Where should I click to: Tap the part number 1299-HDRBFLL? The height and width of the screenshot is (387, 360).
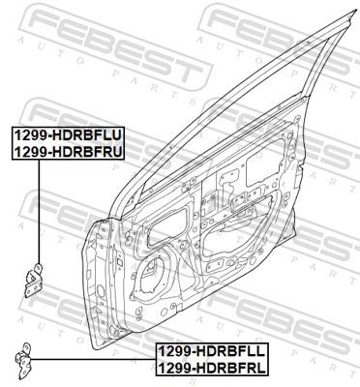click(x=215, y=353)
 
